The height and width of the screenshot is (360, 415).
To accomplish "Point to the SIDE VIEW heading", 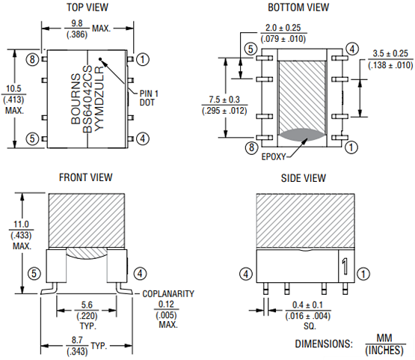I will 303,178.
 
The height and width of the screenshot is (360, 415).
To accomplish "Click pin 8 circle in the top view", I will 32,58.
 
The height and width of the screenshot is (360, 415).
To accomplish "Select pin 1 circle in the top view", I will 144,58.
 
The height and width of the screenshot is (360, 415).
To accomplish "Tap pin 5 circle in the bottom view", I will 250,49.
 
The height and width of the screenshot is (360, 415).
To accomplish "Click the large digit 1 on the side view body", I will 344,266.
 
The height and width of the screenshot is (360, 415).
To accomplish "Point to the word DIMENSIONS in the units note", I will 323,344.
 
